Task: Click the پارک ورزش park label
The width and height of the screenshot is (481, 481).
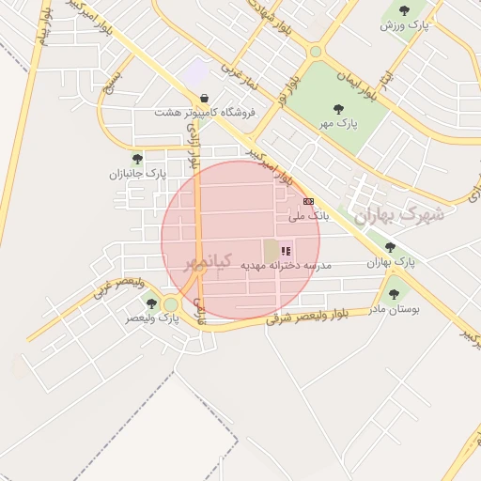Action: click(404, 25)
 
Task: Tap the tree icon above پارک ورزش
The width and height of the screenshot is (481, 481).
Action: click(404, 11)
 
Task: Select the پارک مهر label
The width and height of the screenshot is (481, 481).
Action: click(338, 123)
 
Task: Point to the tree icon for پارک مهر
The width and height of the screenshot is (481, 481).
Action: click(338, 109)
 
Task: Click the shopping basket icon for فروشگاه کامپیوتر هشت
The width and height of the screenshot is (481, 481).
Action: click(205, 98)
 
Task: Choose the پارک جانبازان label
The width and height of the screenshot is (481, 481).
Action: click(137, 174)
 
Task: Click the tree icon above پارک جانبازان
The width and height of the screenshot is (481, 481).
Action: click(138, 160)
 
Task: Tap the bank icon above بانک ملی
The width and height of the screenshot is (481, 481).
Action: click(308, 201)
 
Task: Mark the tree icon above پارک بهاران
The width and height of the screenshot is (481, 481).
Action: click(391, 248)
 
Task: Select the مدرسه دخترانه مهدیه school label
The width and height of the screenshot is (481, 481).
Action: click(287, 266)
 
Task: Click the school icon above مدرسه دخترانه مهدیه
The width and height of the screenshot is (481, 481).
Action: click(287, 251)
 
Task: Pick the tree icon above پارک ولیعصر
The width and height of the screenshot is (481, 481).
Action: click(151, 303)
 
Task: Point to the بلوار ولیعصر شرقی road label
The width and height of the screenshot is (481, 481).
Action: click(307, 317)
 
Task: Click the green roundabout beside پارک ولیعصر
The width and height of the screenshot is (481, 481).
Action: click(170, 304)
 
